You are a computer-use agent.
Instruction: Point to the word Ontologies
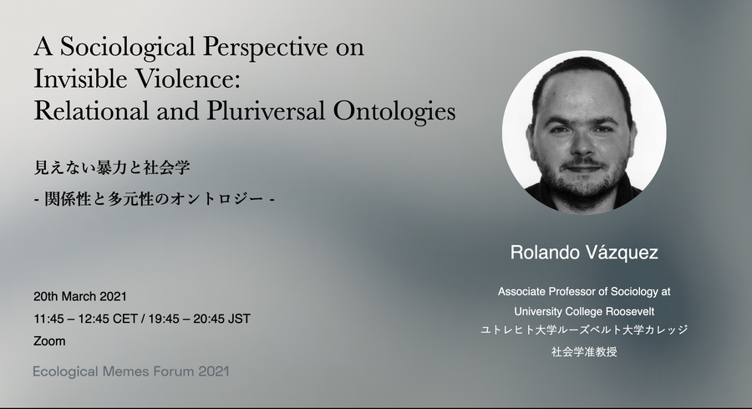[x=394, y=112]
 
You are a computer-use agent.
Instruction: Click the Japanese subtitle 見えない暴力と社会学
[x=112, y=167]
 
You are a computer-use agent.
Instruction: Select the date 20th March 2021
[x=80, y=297]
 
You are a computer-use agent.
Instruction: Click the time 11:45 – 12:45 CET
[x=86, y=320]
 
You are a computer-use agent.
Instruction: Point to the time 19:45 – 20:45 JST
[x=199, y=320]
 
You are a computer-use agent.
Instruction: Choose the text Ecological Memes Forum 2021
[x=131, y=371]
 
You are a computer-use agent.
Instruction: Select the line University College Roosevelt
[x=584, y=311]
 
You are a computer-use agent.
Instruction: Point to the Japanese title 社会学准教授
[x=584, y=352]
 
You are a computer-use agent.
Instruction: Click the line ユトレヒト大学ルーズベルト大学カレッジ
[x=584, y=330]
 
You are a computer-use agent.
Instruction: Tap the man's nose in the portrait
[x=582, y=146]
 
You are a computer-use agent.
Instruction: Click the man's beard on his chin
[x=583, y=185]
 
